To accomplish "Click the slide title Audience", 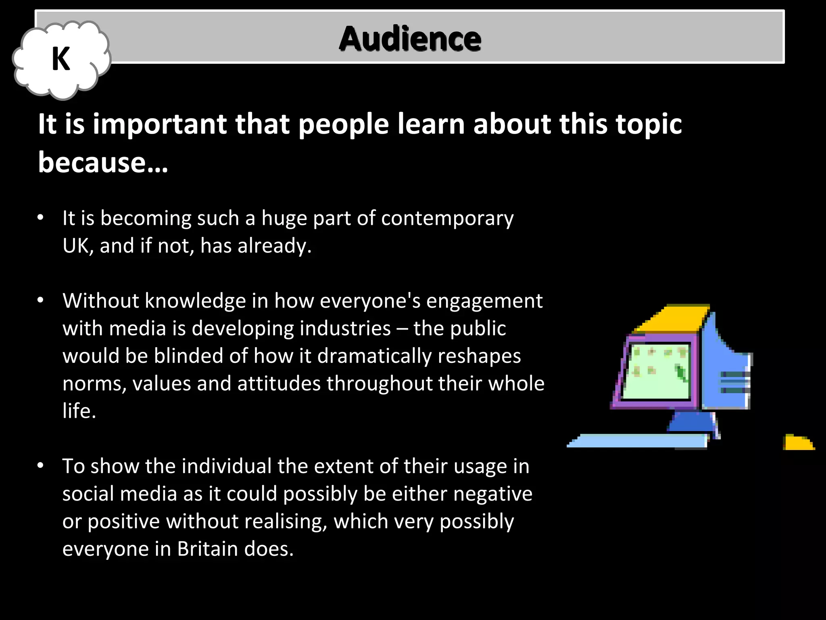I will pos(410,39).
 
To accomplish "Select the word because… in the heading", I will pos(103,162).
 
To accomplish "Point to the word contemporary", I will pos(447,218).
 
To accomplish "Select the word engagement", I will pos(484,302).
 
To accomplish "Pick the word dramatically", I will pos(374,356).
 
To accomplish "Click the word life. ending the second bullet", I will pos(79,411).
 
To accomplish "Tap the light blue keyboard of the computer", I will pos(637,441).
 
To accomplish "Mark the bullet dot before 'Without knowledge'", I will pos(40,301).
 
